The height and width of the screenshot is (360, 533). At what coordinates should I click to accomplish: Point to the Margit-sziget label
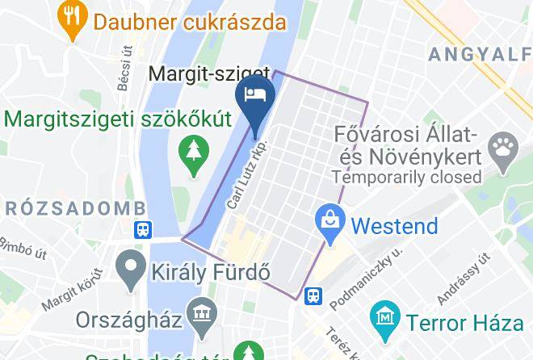[x=198, y=75]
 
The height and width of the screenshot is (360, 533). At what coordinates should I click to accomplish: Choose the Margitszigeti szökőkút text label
[x=118, y=119]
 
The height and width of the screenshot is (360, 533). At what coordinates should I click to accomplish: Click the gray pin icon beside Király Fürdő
[x=129, y=271]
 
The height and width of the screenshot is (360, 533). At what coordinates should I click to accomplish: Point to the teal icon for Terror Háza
[x=386, y=317]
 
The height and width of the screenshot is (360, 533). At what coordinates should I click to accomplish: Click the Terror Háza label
[x=465, y=323]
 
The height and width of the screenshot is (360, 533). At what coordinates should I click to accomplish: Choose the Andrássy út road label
[x=464, y=279]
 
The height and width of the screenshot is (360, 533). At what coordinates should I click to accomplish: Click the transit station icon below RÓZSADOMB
[x=143, y=230]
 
